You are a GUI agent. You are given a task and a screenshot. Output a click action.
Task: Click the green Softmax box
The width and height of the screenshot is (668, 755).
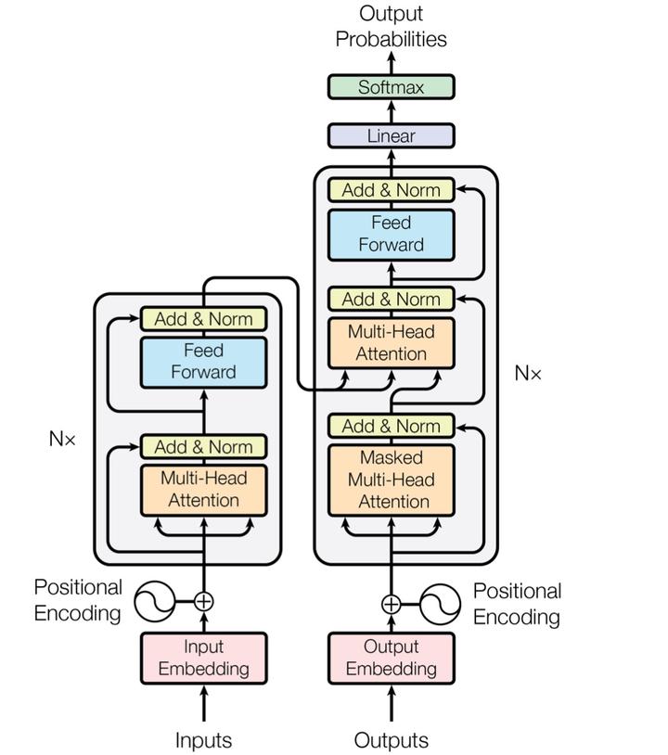click(392, 87)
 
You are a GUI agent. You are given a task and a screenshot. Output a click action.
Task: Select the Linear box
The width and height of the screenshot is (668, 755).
click(392, 135)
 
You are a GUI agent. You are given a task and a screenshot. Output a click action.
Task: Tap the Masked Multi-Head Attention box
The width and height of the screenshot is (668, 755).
click(392, 480)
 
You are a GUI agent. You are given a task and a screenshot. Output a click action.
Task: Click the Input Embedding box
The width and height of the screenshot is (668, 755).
click(204, 658)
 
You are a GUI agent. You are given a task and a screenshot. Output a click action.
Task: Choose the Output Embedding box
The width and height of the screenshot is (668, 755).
click(392, 658)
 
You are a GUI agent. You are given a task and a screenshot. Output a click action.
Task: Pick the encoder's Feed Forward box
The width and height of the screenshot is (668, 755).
click(204, 362)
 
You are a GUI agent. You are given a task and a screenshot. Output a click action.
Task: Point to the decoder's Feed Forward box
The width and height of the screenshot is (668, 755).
click(392, 235)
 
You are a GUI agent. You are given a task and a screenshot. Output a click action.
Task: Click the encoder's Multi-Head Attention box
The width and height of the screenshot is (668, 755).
click(204, 490)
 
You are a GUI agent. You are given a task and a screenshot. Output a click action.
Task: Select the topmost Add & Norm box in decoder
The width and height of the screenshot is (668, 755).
click(392, 190)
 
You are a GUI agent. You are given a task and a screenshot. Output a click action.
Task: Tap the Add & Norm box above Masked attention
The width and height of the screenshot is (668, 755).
click(392, 426)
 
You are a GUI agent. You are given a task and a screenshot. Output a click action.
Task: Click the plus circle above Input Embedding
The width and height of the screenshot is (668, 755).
click(204, 601)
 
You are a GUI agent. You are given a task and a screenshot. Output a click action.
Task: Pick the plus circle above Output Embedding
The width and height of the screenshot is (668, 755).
click(392, 604)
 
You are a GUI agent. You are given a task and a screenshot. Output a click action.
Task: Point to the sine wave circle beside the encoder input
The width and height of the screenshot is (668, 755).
click(154, 601)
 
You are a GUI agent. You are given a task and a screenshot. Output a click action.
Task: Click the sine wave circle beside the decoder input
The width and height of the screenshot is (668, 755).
click(440, 604)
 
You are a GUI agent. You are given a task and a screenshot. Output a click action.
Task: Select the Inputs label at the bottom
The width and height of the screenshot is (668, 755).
click(204, 740)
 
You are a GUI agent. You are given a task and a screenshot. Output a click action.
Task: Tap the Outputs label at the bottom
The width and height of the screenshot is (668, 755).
click(392, 740)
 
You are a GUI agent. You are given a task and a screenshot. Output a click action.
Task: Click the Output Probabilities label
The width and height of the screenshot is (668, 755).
click(392, 26)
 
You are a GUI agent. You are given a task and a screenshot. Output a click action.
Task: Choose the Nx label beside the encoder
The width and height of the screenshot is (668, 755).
click(62, 439)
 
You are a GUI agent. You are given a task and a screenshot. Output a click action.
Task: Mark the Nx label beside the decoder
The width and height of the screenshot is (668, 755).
click(528, 373)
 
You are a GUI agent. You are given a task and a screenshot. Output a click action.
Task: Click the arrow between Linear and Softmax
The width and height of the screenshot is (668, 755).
click(392, 111)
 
